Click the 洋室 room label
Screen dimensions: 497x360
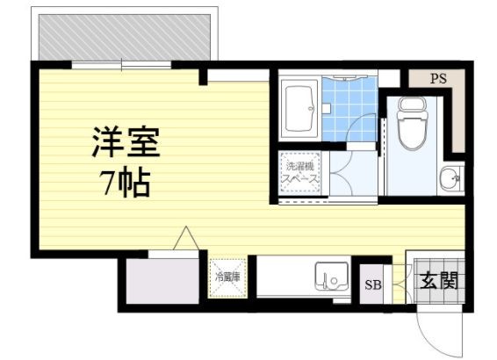[x=126, y=141]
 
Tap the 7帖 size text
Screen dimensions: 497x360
[x=125, y=182]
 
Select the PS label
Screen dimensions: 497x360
[x=438, y=78]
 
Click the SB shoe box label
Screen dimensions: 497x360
[x=372, y=284]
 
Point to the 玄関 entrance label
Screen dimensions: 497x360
[x=439, y=280]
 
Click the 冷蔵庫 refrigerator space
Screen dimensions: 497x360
[x=227, y=277]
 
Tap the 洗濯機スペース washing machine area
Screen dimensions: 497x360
[x=299, y=173]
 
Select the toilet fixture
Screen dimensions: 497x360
[x=412, y=123]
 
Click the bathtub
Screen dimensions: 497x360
[x=299, y=109]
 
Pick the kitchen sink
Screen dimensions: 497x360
[x=332, y=276]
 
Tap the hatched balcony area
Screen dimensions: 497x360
[x=125, y=37]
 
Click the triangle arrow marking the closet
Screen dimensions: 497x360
[x=186, y=238]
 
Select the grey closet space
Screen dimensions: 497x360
[x=162, y=281]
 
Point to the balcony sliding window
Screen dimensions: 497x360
[x=121, y=65]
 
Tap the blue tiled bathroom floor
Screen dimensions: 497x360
[x=349, y=109]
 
